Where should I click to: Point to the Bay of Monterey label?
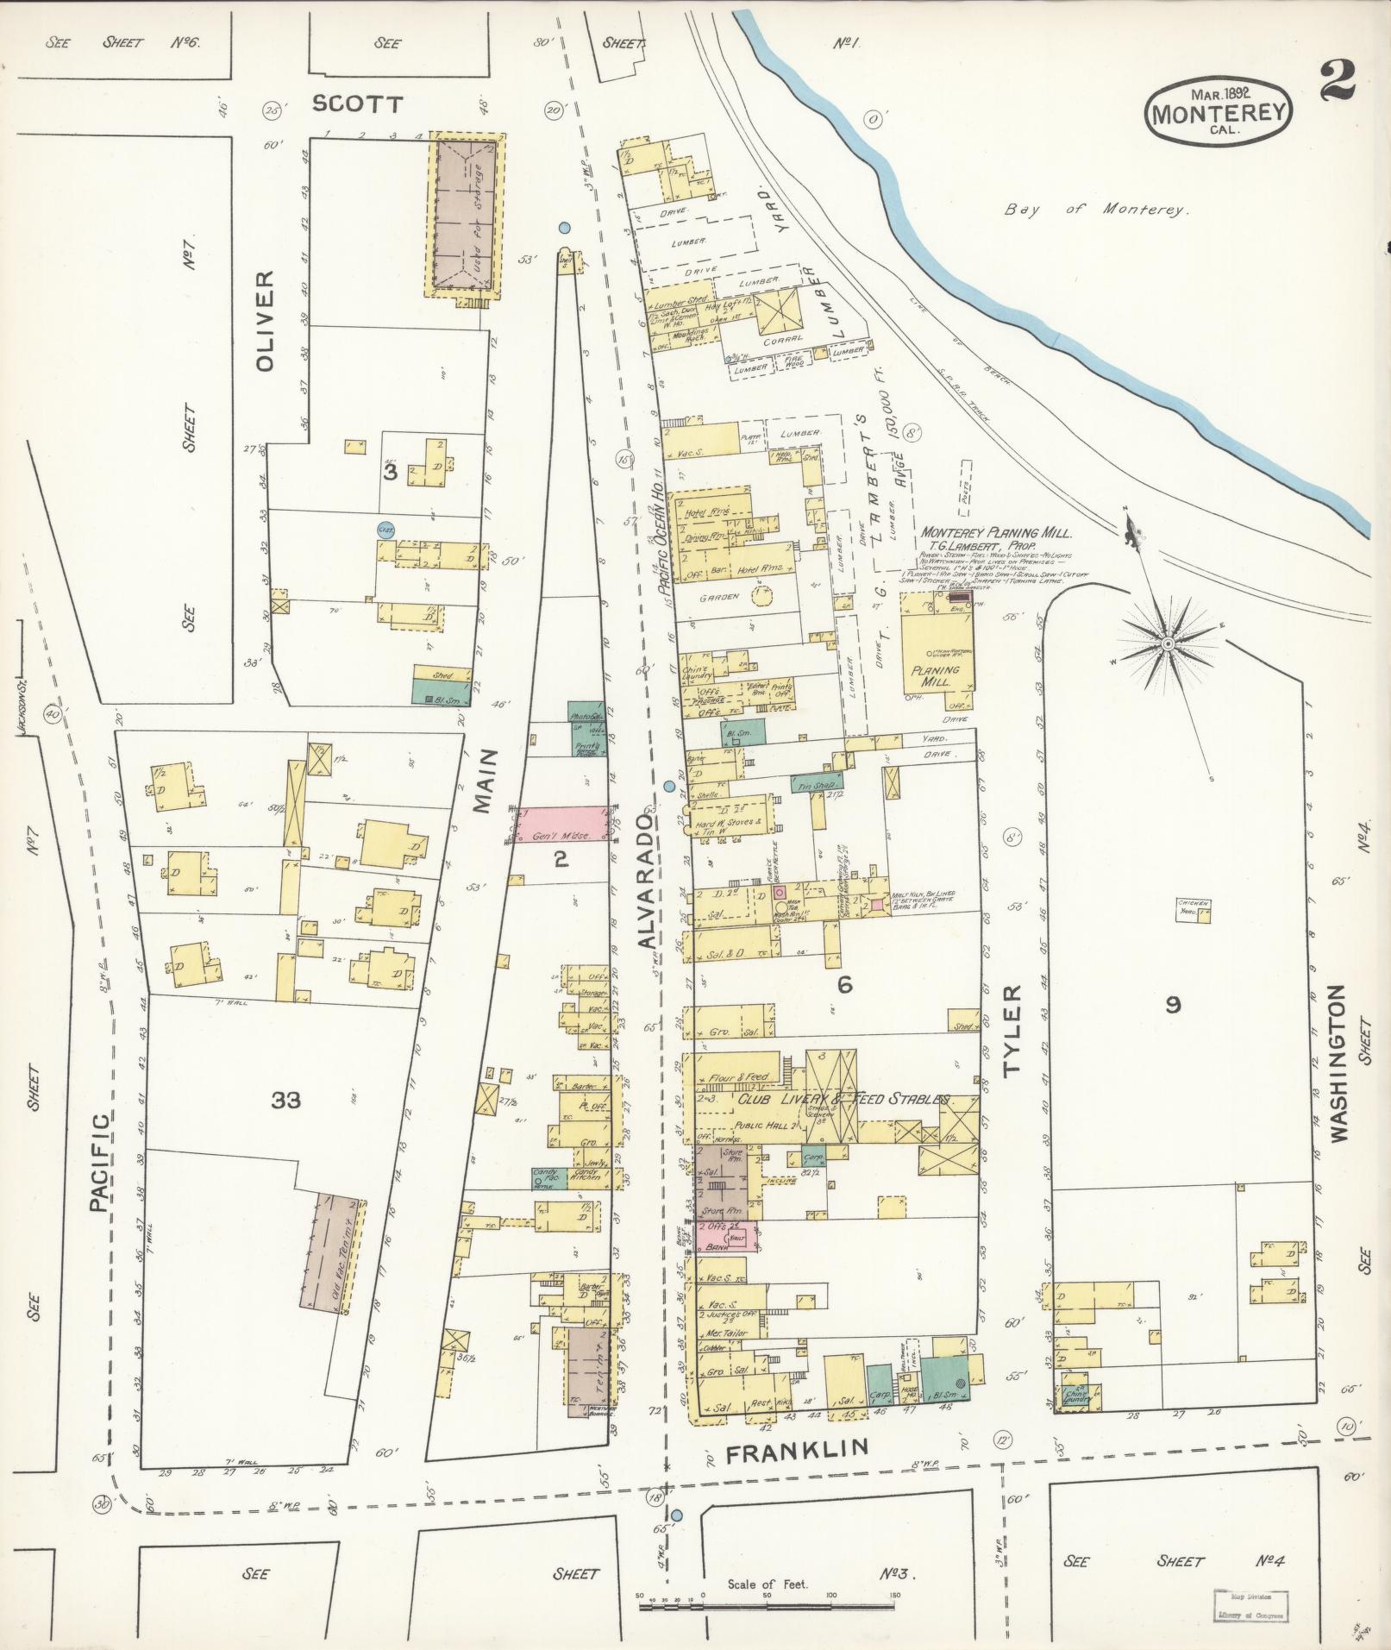1096,210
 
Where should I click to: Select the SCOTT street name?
357,104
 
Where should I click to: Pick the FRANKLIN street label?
796,1452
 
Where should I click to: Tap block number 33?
285,1100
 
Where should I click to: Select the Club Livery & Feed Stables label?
841,1101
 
